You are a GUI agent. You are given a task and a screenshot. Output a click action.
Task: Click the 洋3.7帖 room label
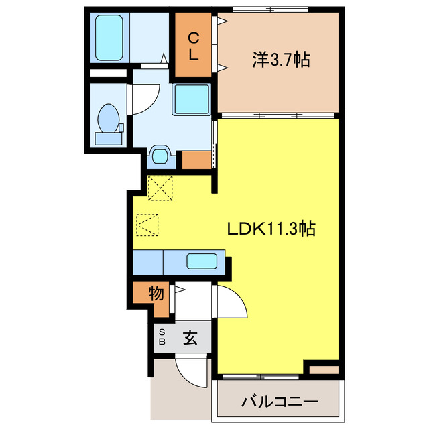click(x=280, y=60)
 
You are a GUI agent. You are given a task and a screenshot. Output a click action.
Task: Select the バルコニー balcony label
click(x=280, y=402)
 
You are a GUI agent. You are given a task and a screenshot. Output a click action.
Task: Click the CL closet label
click(x=193, y=46)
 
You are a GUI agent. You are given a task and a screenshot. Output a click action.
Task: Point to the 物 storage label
click(x=156, y=294)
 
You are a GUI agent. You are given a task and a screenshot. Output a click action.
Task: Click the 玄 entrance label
click(x=190, y=338)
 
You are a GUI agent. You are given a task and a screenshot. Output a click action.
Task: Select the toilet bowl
click(x=107, y=121)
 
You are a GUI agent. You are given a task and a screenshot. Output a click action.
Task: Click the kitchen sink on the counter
click(x=204, y=262)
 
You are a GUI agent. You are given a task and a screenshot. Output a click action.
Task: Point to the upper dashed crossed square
click(x=161, y=188)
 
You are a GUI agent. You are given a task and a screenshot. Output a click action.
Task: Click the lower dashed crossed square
click(x=147, y=224)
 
